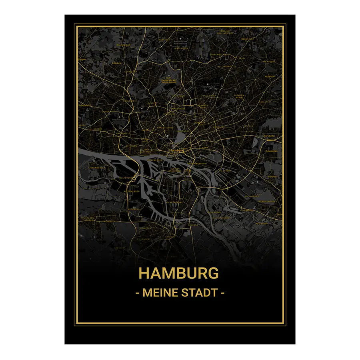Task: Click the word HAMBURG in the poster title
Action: click(178, 273)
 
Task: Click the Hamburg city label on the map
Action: click(176, 150)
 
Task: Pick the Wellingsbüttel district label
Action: click(226, 66)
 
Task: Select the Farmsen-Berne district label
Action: click(240, 96)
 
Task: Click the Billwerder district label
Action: click(253, 197)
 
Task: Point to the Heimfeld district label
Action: click(145, 228)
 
